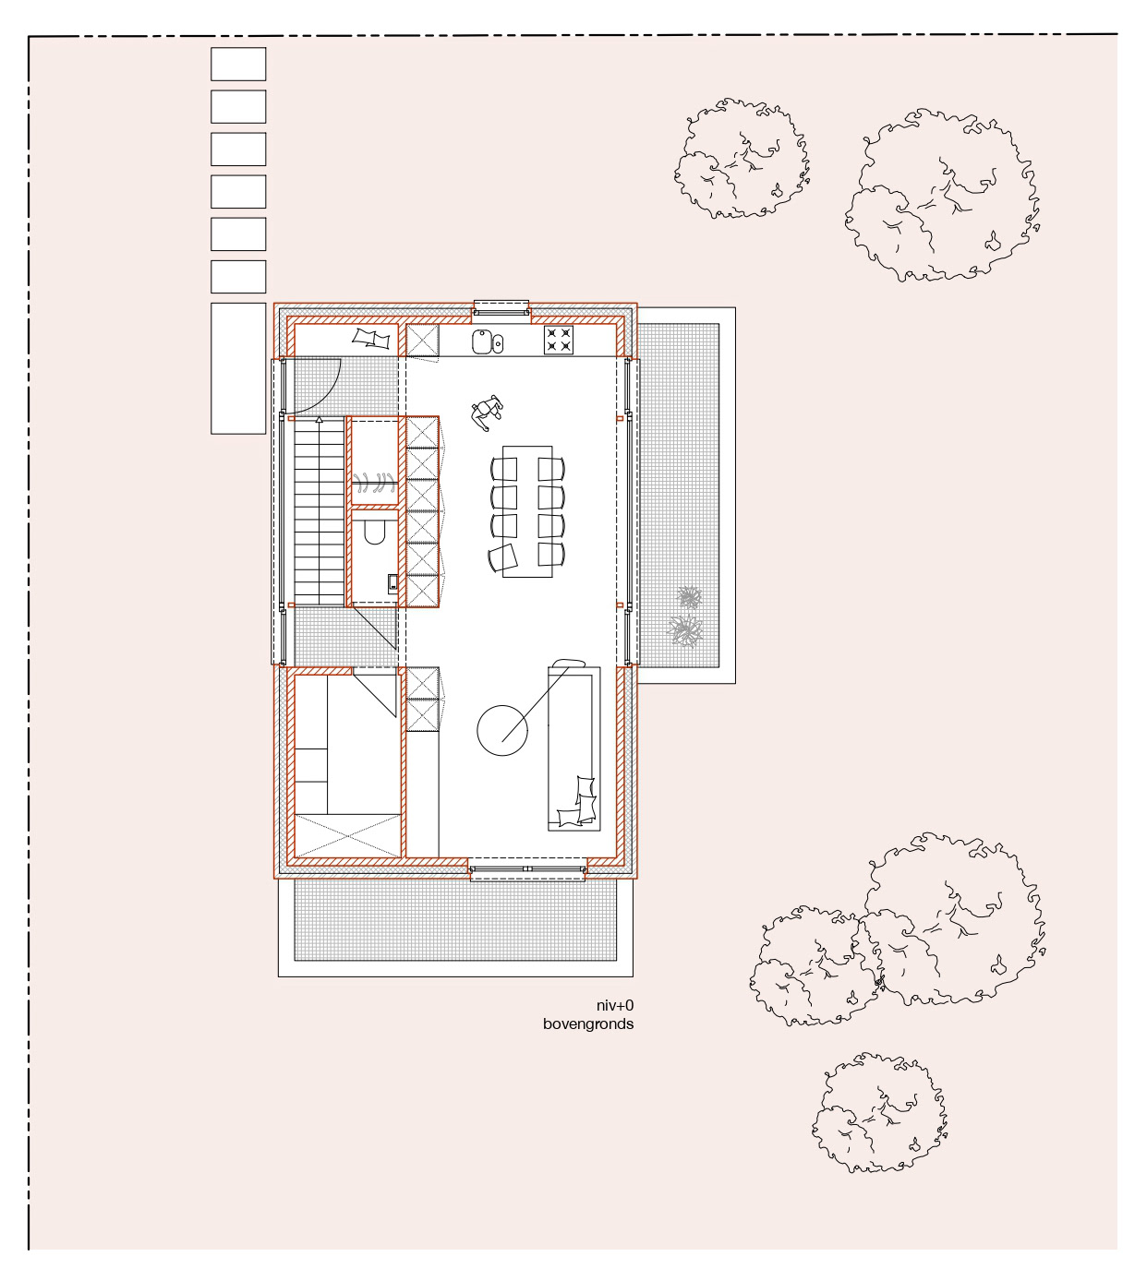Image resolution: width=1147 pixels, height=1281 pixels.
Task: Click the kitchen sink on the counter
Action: pyautogui.click(x=487, y=342)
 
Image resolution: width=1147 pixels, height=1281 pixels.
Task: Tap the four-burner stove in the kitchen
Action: pyautogui.click(x=559, y=340)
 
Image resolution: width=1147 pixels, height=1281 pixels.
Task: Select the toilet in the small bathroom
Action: pyautogui.click(x=375, y=532)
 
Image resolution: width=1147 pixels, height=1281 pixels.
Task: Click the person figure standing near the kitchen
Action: pyautogui.click(x=487, y=413)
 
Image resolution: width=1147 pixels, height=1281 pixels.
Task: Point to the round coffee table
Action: pyautogui.click(x=501, y=730)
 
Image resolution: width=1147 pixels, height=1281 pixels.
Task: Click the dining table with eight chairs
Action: pyautogui.click(x=527, y=511)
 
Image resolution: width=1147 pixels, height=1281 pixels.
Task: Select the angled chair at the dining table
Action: pyautogui.click(x=503, y=557)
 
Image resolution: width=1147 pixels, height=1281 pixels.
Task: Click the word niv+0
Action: pyautogui.click(x=614, y=1005)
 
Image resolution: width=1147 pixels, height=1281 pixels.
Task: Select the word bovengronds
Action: pyautogui.click(x=588, y=1024)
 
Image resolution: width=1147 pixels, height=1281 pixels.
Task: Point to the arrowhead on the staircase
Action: pyautogui.click(x=320, y=419)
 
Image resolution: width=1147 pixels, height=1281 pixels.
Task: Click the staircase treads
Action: pyautogui.click(x=320, y=511)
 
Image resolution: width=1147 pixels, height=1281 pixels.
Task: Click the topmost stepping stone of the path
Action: pyautogui.click(x=238, y=64)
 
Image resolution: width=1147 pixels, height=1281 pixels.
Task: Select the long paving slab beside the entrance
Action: pyautogui.click(x=238, y=368)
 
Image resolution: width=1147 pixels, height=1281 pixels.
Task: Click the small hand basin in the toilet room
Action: pyautogui.click(x=392, y=583)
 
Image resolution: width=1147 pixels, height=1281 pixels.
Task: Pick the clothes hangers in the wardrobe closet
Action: pyautogui.click(x=374, y=483)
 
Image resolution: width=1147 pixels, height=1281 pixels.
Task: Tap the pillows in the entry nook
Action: pyautogui.click(x=371, y=339)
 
